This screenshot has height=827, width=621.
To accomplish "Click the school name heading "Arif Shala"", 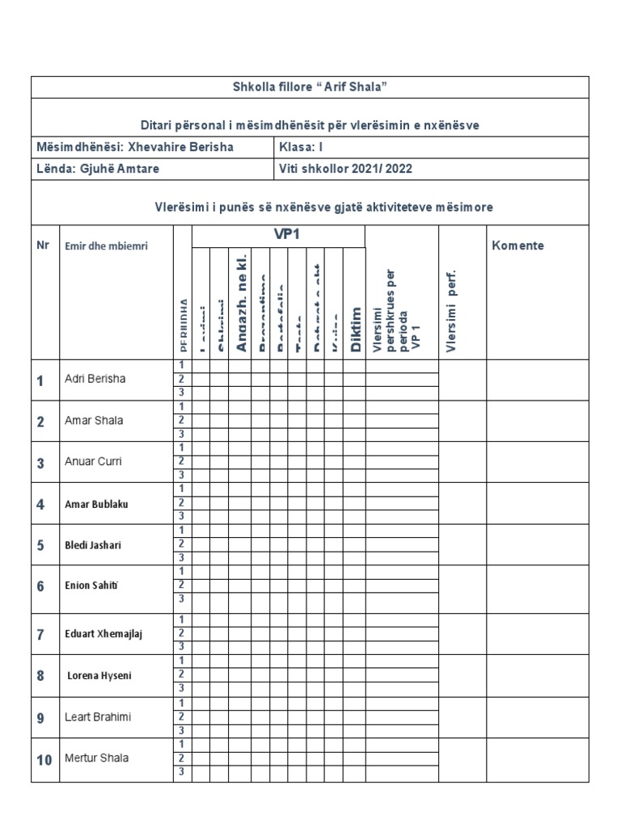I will [x=310, y=87].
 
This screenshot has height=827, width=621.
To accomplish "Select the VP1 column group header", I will [x=279, y=235].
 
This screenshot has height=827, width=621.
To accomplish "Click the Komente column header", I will [x=517, y=246].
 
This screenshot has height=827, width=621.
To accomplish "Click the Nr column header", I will [x=43, y=245].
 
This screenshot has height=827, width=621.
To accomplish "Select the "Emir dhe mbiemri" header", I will [x=106, y=246].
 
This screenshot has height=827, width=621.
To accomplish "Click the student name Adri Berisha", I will [x=95, y=379].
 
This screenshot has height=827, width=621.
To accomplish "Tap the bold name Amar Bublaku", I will [x=96, y=504].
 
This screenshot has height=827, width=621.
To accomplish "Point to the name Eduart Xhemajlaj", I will [x=103, y=633].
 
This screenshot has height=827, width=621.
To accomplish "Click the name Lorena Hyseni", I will [x=100, y=675].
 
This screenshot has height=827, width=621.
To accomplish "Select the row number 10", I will [x=44, y=760].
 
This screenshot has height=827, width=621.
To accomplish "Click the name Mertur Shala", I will [x=96, y=758].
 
